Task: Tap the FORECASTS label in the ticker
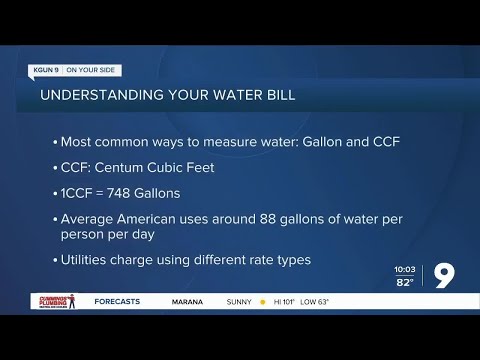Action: point(117,301)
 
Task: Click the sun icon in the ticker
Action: point(264,301)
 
